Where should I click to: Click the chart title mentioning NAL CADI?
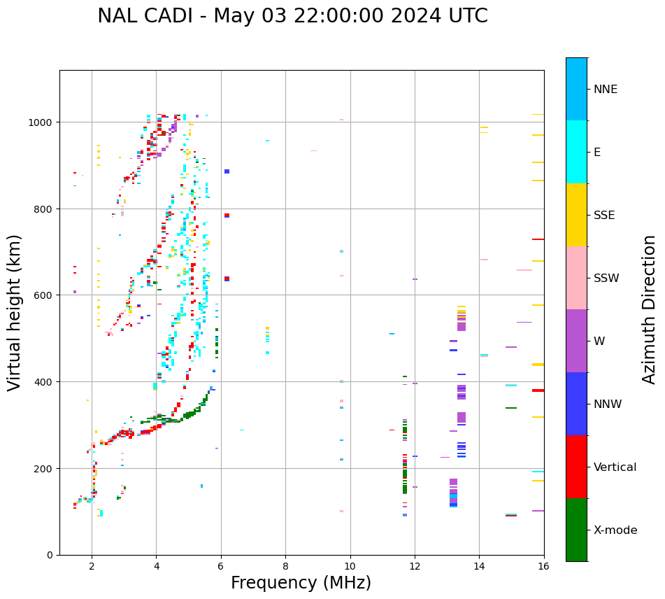(292, 16)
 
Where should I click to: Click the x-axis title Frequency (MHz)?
(301, 583)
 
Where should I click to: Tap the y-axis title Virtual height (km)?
(15, 312)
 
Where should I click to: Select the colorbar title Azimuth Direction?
(650, 309)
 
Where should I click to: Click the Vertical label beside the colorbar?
(615, 467)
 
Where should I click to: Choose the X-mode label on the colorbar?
(615, 530)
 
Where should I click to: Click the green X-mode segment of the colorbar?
(576, 530)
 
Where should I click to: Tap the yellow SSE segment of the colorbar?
(576, 215)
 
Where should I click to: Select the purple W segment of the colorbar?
(576, 341)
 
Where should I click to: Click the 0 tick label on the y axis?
(50, 555)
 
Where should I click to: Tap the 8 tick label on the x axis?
(285, 567)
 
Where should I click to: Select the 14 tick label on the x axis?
(479, 567)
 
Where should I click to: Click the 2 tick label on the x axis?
(92, 567)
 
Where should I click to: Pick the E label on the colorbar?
(597, 152)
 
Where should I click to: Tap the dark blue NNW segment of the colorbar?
(576, 404)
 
